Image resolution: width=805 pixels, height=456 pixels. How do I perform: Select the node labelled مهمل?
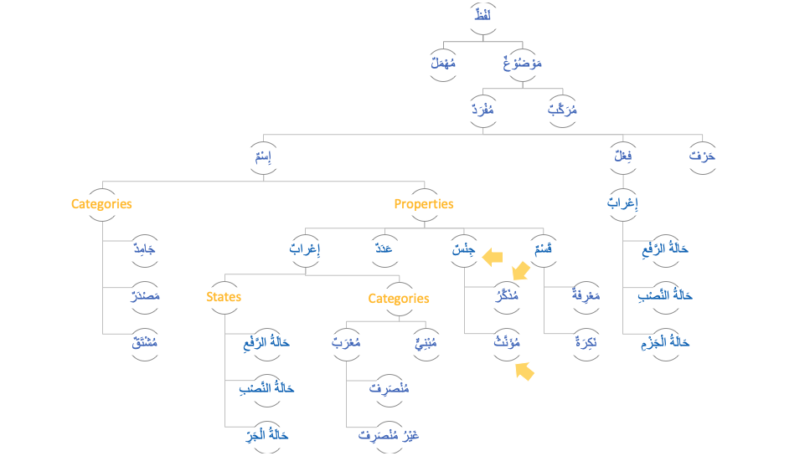tap(442, 64)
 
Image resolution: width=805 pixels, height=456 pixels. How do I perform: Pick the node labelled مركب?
tap(562, 110)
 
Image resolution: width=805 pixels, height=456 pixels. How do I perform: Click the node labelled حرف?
tap(703, 156)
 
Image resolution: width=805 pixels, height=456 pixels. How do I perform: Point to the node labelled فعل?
tap(622, 156)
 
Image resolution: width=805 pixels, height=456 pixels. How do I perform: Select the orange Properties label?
tap(424, 204)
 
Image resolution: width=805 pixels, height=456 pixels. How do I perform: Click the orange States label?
tap(224, 297)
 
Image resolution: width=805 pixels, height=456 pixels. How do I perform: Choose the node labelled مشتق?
tap(146, 343)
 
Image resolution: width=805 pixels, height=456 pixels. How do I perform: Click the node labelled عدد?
tap(384, 249)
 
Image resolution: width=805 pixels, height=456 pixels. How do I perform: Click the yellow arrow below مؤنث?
tap(524, 371)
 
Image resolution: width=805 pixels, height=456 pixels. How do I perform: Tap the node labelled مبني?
tap(426, 343)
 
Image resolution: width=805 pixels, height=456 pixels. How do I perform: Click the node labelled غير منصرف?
tap(389, 436)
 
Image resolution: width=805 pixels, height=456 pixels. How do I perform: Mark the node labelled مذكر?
tap(505, 296)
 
